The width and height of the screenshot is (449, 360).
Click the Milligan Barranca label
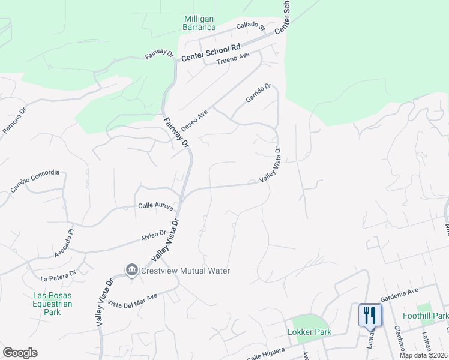pos(200,22)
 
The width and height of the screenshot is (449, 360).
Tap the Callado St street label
pos(250,26)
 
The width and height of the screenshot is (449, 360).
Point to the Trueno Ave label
pos(232,59)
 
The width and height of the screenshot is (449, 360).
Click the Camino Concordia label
pos(35,182)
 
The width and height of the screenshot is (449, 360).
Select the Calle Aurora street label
pos(155,206)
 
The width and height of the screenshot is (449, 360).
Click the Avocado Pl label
pos(63,242)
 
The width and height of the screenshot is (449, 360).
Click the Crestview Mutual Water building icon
pos(131,271)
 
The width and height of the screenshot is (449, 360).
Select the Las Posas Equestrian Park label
pos(53,304)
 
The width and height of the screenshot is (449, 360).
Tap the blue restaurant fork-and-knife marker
pos(369,314)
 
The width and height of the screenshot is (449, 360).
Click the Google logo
pos(20,353)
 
